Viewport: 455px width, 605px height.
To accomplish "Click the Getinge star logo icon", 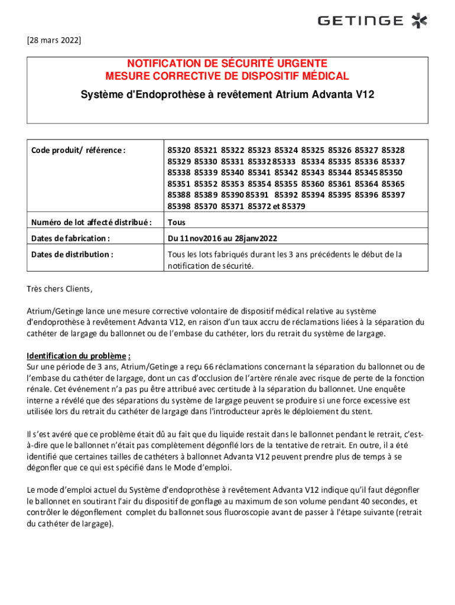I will (x=419, y=21).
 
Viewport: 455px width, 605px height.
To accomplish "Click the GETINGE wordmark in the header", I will (x=360, y=21).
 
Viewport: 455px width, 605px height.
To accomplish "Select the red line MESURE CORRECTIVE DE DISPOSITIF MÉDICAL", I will (x=227, y=76).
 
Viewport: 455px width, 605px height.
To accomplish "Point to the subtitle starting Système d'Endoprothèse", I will (x=227, y=95).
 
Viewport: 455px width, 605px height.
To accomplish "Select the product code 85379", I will (x=294, y=206).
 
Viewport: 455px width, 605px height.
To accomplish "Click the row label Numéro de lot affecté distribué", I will (x=91, y=223).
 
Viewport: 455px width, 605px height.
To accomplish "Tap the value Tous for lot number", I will (x=177, y=223).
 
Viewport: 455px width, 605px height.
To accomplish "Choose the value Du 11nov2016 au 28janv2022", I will (x=222, y=239).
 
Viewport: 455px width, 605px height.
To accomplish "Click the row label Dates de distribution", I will (x=72, y=254).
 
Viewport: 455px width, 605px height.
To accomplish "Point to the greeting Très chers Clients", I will (x=60, y=289).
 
